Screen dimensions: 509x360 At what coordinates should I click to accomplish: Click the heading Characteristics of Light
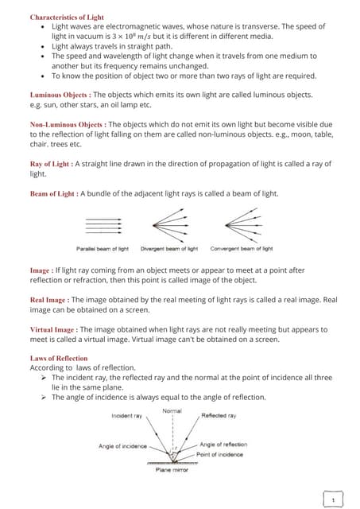point(67,17)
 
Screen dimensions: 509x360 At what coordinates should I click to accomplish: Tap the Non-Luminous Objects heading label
point(67,126)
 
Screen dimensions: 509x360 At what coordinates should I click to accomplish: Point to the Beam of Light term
point(53,194)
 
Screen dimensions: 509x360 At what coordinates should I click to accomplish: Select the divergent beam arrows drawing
point(167,226)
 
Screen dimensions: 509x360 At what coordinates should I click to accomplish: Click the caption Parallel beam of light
point(103,249)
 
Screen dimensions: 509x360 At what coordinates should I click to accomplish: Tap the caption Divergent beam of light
point(168,249)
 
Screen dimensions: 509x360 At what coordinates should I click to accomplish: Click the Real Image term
point(47,300)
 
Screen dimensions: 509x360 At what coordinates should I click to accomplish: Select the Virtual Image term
point(52,329)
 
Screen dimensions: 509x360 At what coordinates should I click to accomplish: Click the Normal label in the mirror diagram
point(172,410)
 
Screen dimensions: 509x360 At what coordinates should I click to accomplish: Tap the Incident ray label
point(127,416)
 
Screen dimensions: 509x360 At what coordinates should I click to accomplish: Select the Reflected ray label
point(219,416)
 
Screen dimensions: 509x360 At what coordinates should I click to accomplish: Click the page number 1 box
point(335,499)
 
